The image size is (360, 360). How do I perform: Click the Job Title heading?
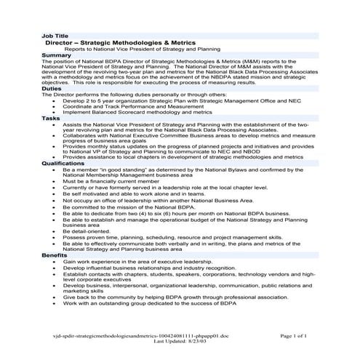55,36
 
